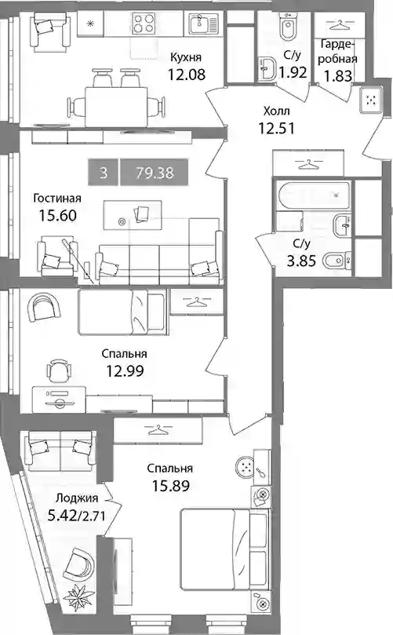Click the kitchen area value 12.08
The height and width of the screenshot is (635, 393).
point(187,75)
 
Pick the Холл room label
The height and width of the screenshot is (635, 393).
point(276,111)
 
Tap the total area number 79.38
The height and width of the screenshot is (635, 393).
point(155,173)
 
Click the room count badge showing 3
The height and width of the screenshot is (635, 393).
point(104,173)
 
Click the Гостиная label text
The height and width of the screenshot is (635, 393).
point(57,199)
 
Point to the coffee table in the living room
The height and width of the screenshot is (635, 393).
point(133,215)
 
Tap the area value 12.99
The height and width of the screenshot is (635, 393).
point(125,370)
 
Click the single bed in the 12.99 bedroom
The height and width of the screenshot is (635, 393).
point(122,312)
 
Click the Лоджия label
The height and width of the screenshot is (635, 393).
point(77,498)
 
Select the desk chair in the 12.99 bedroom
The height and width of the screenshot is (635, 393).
point(58,370)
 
